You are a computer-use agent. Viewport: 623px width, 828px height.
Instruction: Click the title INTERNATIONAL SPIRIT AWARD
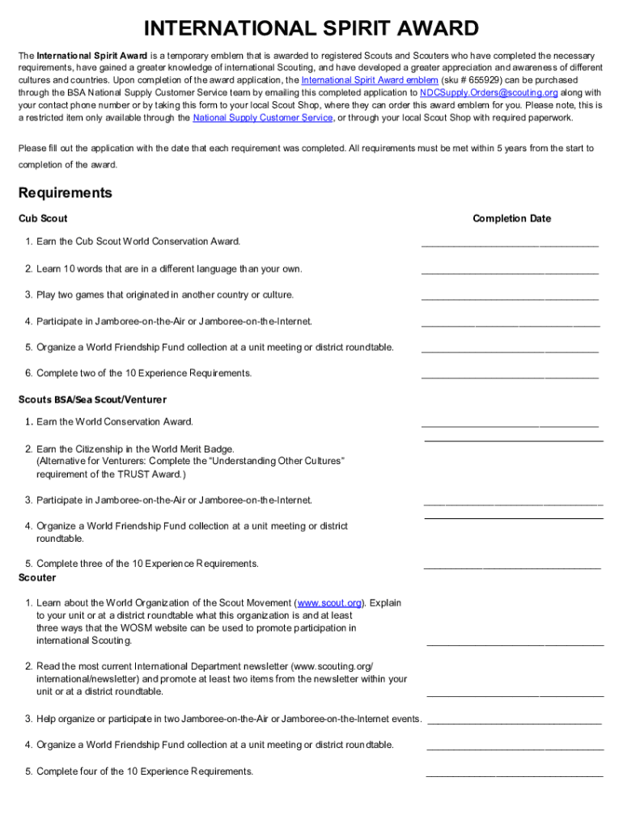pyautogui.click(x=311, y=29)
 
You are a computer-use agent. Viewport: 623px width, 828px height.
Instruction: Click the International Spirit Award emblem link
pyautogui.click(x=370, y=81)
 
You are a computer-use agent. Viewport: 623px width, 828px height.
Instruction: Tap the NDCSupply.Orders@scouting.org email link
pyautogui.click(x=489, y=93)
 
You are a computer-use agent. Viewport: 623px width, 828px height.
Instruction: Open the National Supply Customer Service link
pyautogui.click(x=263, y=117)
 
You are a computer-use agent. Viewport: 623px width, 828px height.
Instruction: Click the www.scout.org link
pyautogui.click(x=330, y=602)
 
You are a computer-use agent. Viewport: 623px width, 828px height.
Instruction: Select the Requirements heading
pyautogui.click(x=65, y=193)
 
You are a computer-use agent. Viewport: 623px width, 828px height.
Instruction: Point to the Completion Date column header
pyautogui.click(x=511, y=218)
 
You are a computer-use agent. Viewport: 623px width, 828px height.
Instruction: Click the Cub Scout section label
pyautogui.click(x=43, y=218)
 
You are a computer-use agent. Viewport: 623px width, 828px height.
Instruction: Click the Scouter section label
pyautogui.click(x=37, y=577)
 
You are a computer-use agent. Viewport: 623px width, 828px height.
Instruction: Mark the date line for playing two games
pyautogui.click(x=510, y=298)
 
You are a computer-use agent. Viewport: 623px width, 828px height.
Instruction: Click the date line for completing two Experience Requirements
pyautogui.click(x=510, y=376)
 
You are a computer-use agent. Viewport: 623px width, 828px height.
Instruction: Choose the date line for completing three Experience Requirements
pyautogui.click(x=512, y=567)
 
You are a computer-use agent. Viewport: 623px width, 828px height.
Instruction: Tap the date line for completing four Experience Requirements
pyautogui.click(x=515, y=774)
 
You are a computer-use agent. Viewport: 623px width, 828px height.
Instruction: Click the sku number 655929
pyautogui.click(x=471, y=81)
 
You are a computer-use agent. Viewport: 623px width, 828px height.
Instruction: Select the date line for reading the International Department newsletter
pyautogui.click(x=515, y=694)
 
